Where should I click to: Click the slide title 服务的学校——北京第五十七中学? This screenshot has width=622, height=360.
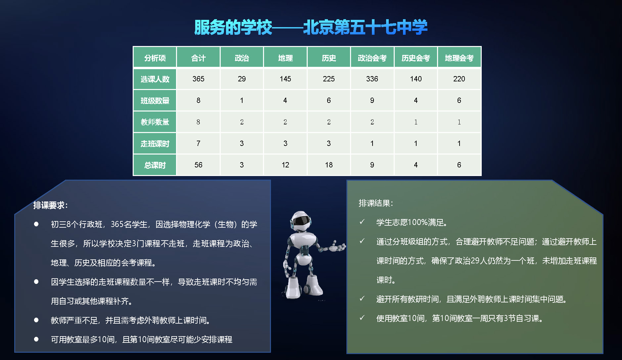311,27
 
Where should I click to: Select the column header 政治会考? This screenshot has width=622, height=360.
372,58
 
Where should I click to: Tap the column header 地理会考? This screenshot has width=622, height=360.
459,58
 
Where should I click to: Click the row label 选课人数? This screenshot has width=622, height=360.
155,79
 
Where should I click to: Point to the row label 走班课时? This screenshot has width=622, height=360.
155,144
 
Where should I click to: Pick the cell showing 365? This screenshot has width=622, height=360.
199,79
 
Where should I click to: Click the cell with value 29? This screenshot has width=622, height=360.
242,79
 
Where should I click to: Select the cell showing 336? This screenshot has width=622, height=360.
372,79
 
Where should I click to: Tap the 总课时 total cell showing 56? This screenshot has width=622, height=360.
199,165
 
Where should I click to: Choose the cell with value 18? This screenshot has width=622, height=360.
329,165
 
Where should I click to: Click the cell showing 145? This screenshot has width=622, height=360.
285,79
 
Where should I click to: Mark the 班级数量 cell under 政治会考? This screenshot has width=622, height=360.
372,100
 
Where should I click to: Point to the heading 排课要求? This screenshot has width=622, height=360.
50,205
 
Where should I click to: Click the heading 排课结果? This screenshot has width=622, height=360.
376,203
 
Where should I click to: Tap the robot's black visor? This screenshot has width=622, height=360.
302,220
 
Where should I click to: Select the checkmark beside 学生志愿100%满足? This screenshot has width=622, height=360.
362,222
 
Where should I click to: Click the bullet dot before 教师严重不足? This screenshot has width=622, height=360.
36,320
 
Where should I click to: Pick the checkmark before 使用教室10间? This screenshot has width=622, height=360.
362,318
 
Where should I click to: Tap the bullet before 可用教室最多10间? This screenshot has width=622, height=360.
36,339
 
